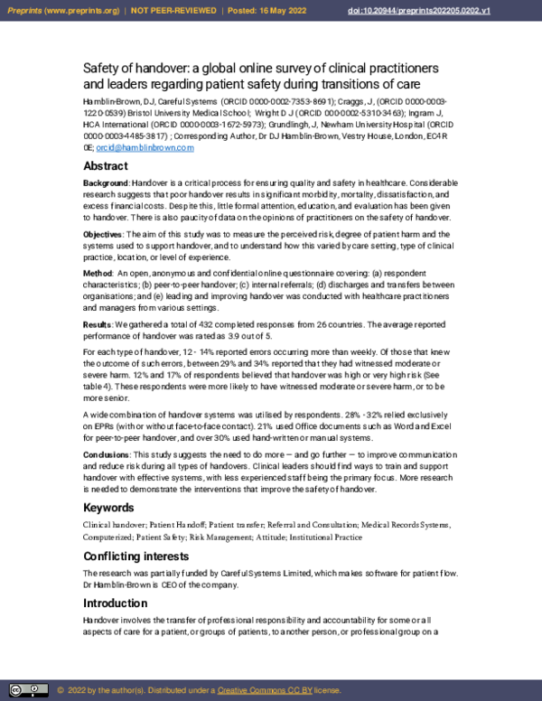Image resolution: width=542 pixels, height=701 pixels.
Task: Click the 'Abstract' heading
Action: (x=106, y=166)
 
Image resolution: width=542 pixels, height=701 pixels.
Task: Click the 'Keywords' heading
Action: (x=109, y=508)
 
